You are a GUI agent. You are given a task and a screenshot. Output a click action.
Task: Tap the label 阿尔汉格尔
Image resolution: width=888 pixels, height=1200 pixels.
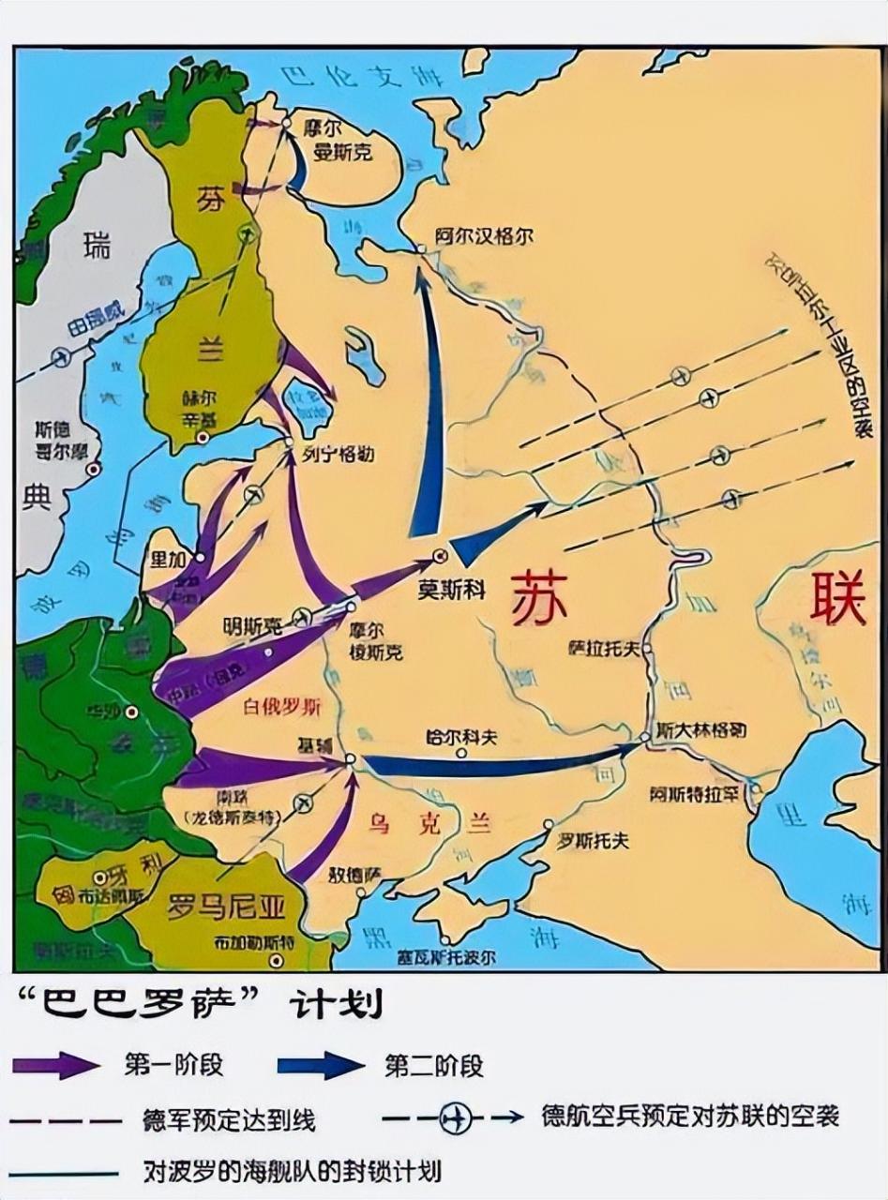pyautogui.click(x=484, y=236)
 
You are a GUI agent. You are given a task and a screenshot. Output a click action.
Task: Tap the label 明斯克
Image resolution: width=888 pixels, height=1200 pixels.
pyautogui.click(x=252, y=622)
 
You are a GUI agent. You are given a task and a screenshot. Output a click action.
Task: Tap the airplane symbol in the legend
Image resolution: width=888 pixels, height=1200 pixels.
pyautogui.click(x=456, y=1117)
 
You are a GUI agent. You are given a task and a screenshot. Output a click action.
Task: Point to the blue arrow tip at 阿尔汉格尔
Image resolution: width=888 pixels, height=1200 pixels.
pyautogui.click(x=423, y=264)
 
